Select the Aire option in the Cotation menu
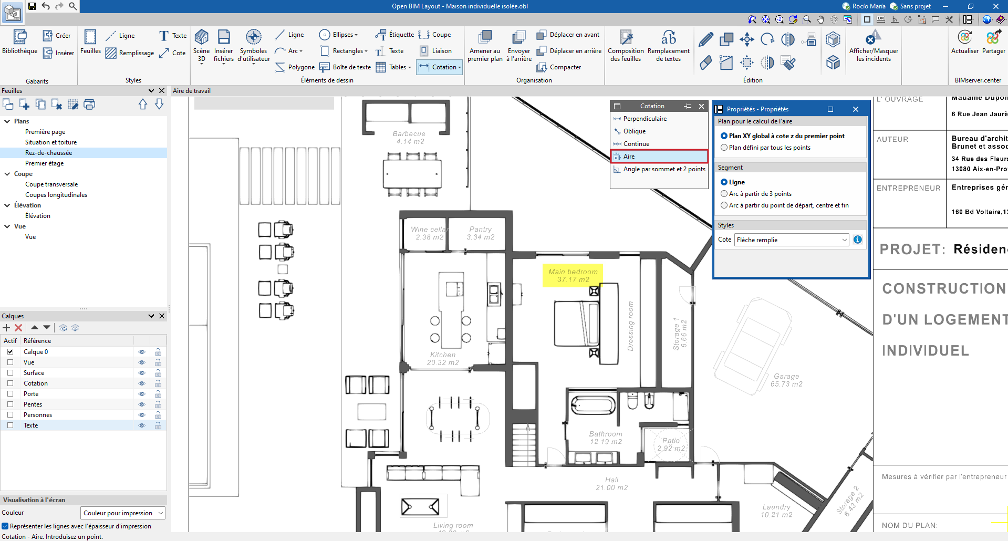click(629, 157)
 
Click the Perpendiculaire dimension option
click(645, 119)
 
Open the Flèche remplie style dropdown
click(791, 240)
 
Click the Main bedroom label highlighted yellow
click(573, 276)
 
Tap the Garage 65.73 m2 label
click(786, 380)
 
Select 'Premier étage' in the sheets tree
click(45, 163)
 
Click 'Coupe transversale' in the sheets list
click(51, 184)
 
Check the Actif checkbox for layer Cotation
click(10, 383)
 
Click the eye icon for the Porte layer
click(141, 394)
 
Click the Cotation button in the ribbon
click(440, 67)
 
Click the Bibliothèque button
click(20, 42)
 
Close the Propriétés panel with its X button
click(856, 109)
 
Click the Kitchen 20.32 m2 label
click(443, 359)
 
